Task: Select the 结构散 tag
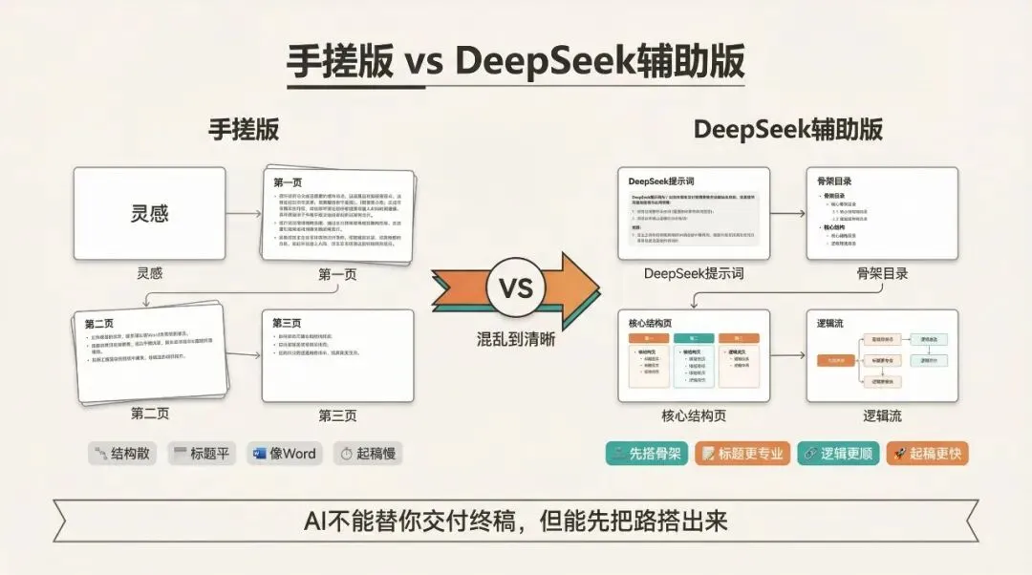click(x=122, y=454)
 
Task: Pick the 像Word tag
click(x=284, y=454)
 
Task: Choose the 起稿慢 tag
click(x=367, y=454)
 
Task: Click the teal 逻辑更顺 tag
click(x=837, y=454)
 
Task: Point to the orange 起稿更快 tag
click(x=927, y=454)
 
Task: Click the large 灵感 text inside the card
click(x=149, y=213)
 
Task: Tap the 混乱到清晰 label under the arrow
click(x=515, y=338)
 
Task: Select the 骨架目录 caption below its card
click(x=882, y=274)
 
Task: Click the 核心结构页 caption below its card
click(x=693, y=415)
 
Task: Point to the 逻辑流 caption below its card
click(x=882, y=415)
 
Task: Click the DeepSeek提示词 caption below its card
click(x=694, y=274)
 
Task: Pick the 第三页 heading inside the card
click(x=288, y=323)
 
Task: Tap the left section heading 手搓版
click(x=244, y=131)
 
